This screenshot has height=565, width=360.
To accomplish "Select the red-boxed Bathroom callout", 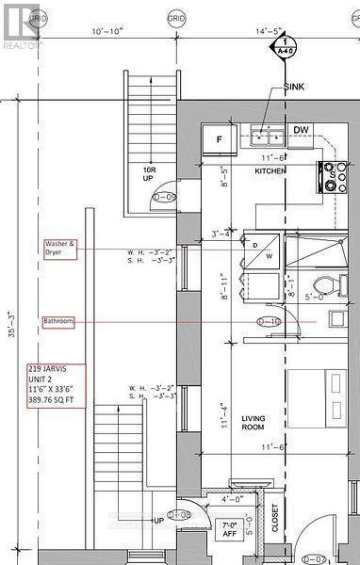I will tap(58, 322).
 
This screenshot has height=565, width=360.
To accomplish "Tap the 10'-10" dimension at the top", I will tap(108, 33).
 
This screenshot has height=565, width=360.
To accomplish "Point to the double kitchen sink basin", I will tap(268, 135).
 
